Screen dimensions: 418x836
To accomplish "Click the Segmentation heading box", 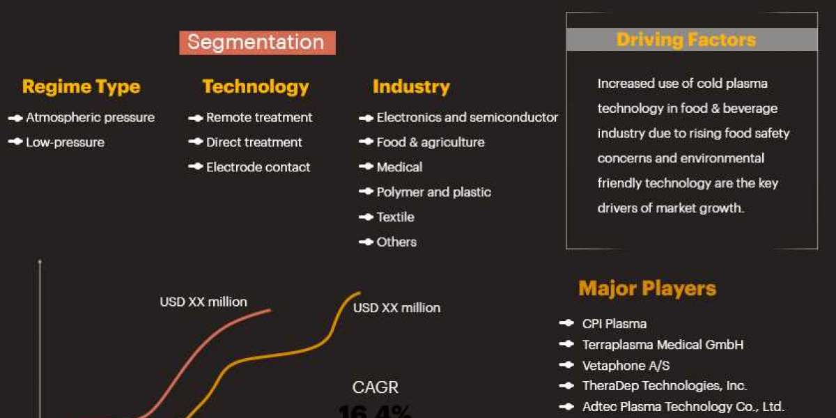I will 257,42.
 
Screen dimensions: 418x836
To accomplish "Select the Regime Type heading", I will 81,86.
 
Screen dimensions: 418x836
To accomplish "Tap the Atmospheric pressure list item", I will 90,118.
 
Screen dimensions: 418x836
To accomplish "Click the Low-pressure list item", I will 65,142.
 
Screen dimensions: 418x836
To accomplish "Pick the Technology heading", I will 256,86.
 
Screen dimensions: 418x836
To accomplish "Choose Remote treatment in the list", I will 259,118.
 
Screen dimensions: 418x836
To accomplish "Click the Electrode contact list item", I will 258,167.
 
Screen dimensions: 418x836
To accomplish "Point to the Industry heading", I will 411,86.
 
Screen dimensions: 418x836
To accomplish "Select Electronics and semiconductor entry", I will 467,118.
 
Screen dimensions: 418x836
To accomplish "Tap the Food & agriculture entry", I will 430,142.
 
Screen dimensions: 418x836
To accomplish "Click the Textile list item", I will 395,217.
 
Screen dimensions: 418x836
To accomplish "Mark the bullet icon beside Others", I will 366,242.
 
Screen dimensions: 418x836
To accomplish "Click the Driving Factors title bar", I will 691,40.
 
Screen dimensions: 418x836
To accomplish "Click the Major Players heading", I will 647,288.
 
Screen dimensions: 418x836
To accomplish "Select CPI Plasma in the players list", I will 614,324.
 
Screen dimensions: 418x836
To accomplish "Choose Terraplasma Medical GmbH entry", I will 663,344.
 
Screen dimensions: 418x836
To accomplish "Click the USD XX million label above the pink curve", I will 203,302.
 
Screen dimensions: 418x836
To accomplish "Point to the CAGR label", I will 376,387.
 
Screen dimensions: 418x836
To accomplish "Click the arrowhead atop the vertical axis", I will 40,262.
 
